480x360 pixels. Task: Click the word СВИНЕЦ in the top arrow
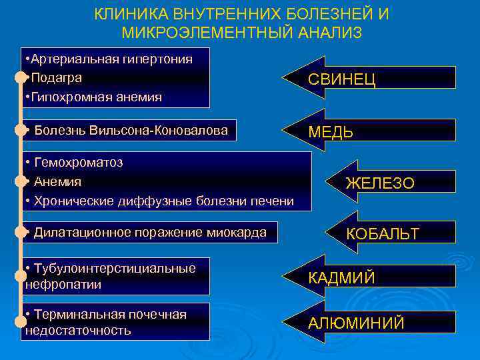(x=341, y=81)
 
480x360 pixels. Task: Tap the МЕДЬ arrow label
(x=331, y=132)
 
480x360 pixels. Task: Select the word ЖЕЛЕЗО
(x=380, y=183)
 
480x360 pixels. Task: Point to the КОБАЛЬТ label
(x=382, y=233)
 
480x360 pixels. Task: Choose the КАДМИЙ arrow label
(x=341, y=278)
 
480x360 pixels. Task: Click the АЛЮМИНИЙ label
(x=356, y=323)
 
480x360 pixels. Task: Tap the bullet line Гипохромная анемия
(x=95, y=97)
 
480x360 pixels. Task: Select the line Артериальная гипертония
(x=110, y=59)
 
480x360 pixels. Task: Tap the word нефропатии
(x=63, y=285)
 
